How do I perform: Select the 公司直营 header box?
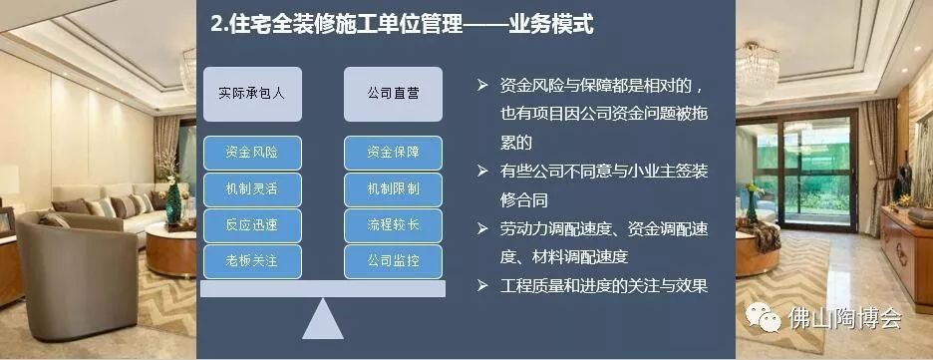[393, 92]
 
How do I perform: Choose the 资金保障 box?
[393, 153]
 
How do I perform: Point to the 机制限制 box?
[393, 188]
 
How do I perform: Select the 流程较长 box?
[393, 224]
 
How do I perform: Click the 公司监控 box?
[393, 260]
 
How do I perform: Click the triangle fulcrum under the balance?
[322, 320]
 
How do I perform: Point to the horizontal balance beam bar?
[322, 288]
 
